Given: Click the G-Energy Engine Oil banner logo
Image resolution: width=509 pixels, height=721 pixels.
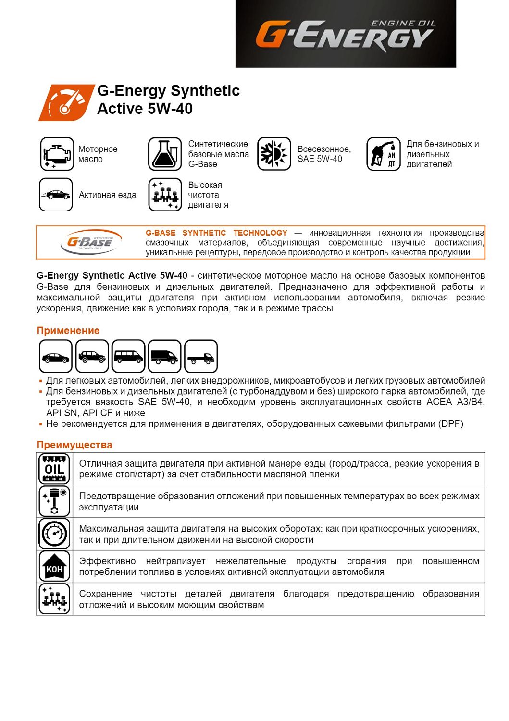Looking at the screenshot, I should pos(345,34).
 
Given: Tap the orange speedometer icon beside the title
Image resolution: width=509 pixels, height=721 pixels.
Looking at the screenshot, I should pos(66,102).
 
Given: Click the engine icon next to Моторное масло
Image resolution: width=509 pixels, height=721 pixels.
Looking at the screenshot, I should pos(57,154).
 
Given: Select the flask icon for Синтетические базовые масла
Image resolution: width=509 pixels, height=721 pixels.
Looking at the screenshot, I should pos(165,154).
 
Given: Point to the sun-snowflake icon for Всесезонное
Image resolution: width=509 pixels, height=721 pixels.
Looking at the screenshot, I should pos(274,154).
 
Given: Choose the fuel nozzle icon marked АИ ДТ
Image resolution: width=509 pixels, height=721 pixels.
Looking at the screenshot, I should pos(383,154).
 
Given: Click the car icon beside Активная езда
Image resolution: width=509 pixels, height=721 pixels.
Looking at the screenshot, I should pos(56,195).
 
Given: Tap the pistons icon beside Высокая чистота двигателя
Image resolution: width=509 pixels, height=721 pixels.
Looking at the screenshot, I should pos(165,195).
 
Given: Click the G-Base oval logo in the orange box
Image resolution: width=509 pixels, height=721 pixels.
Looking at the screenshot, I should pos(90,242).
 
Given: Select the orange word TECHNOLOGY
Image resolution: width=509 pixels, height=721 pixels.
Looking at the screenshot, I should pos(260,233).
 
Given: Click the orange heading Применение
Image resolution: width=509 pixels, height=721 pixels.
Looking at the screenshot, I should pos(68,331).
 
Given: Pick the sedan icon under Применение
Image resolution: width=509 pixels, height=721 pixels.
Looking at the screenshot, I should pos(56,357).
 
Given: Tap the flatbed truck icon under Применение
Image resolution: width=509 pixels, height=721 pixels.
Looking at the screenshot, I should pos(201,357).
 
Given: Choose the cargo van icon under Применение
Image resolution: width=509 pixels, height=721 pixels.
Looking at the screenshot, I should pos(165,357).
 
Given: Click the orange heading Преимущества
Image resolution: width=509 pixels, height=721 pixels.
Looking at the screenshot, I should pos(74,445).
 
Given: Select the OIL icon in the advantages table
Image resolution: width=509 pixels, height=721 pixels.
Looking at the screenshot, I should pos(54,469).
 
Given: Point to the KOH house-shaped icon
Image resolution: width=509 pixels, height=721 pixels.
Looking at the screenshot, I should pos(54,567).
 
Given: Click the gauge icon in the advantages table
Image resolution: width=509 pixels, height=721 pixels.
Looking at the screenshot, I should pos(54,534).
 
